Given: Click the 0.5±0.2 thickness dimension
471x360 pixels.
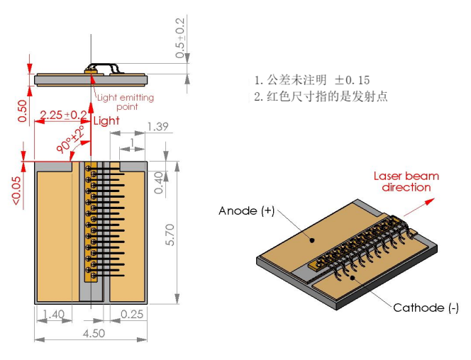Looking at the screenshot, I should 180,40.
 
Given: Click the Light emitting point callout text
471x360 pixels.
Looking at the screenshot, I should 126,102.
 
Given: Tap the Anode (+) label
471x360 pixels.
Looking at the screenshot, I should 246,211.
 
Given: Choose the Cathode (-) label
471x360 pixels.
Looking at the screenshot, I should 426,308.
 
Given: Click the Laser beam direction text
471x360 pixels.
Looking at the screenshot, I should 406,181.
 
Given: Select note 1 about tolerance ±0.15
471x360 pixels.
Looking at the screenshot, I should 312,80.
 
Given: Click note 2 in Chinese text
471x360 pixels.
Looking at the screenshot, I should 321,96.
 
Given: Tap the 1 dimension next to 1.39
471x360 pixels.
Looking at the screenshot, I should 132,143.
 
